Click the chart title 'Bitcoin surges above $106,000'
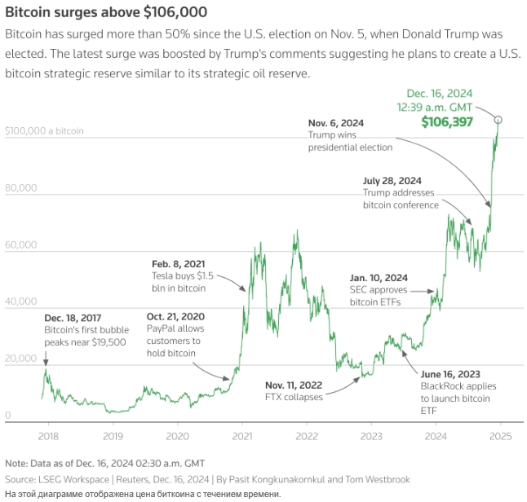[106, 12]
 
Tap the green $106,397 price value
[447, 121]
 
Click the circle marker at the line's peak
[498, 120]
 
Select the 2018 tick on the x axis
[46, 436]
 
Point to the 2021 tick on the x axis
[241, 436]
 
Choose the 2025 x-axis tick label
[500, 436]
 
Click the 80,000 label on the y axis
[21, 188]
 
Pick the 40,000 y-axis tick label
[21, 302]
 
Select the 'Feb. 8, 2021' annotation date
[178, 264]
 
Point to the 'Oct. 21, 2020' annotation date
[175, 316]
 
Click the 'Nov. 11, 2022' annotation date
[294, 385]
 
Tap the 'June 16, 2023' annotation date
[451, 373]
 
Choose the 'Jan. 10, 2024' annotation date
[378, 277]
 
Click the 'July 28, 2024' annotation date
[393, 180]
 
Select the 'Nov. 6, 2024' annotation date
[336, 122]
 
